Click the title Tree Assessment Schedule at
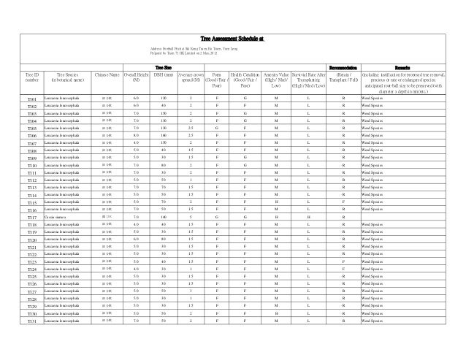point(232,38)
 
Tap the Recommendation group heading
point(343,66)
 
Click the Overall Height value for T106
point(136,135)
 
